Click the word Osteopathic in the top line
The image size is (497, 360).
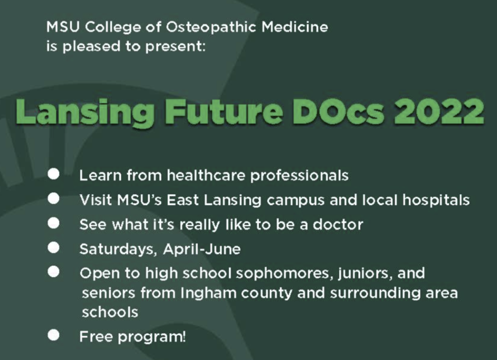pos(211,27)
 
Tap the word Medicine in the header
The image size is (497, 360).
pos(295,27)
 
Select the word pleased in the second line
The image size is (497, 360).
pos(91,47)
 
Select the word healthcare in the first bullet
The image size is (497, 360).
pos(206,175)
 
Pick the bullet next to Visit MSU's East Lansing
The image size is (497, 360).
pos(54,199)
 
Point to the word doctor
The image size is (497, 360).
pos(338,224)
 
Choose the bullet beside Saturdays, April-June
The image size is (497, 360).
pos(54,248)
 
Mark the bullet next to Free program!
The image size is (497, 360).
pos(54,335)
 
